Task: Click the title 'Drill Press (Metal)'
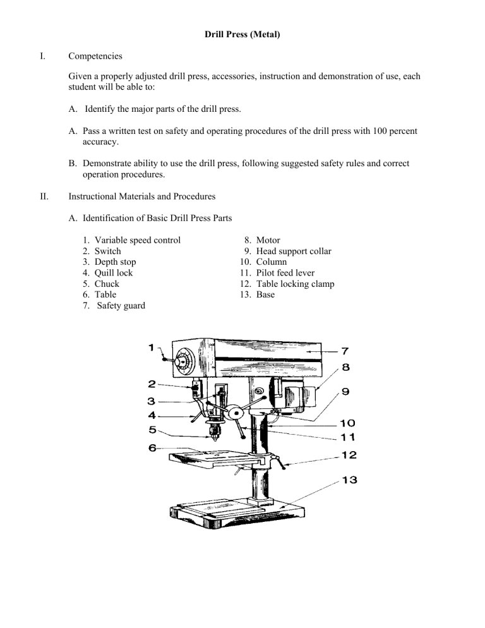tap(242, 35)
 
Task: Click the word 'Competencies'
tap(95, 56)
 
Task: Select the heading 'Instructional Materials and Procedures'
tap(142, 196)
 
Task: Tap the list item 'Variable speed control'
tap(138, 240)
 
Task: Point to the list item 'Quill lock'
tap(113, 273)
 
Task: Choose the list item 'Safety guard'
tap(121, 306)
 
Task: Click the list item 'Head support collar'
tap(294, 251)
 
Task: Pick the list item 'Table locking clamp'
tap(295, 284)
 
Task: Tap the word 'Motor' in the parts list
tap(268, 240)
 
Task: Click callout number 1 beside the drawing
tap(152, 347)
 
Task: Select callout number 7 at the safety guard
tap(345, 351)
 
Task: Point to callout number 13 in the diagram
tap(349, 480)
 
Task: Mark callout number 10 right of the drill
tap(347, 423)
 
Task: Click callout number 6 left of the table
tap(152, 448)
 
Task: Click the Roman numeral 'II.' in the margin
tap(44, 196)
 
